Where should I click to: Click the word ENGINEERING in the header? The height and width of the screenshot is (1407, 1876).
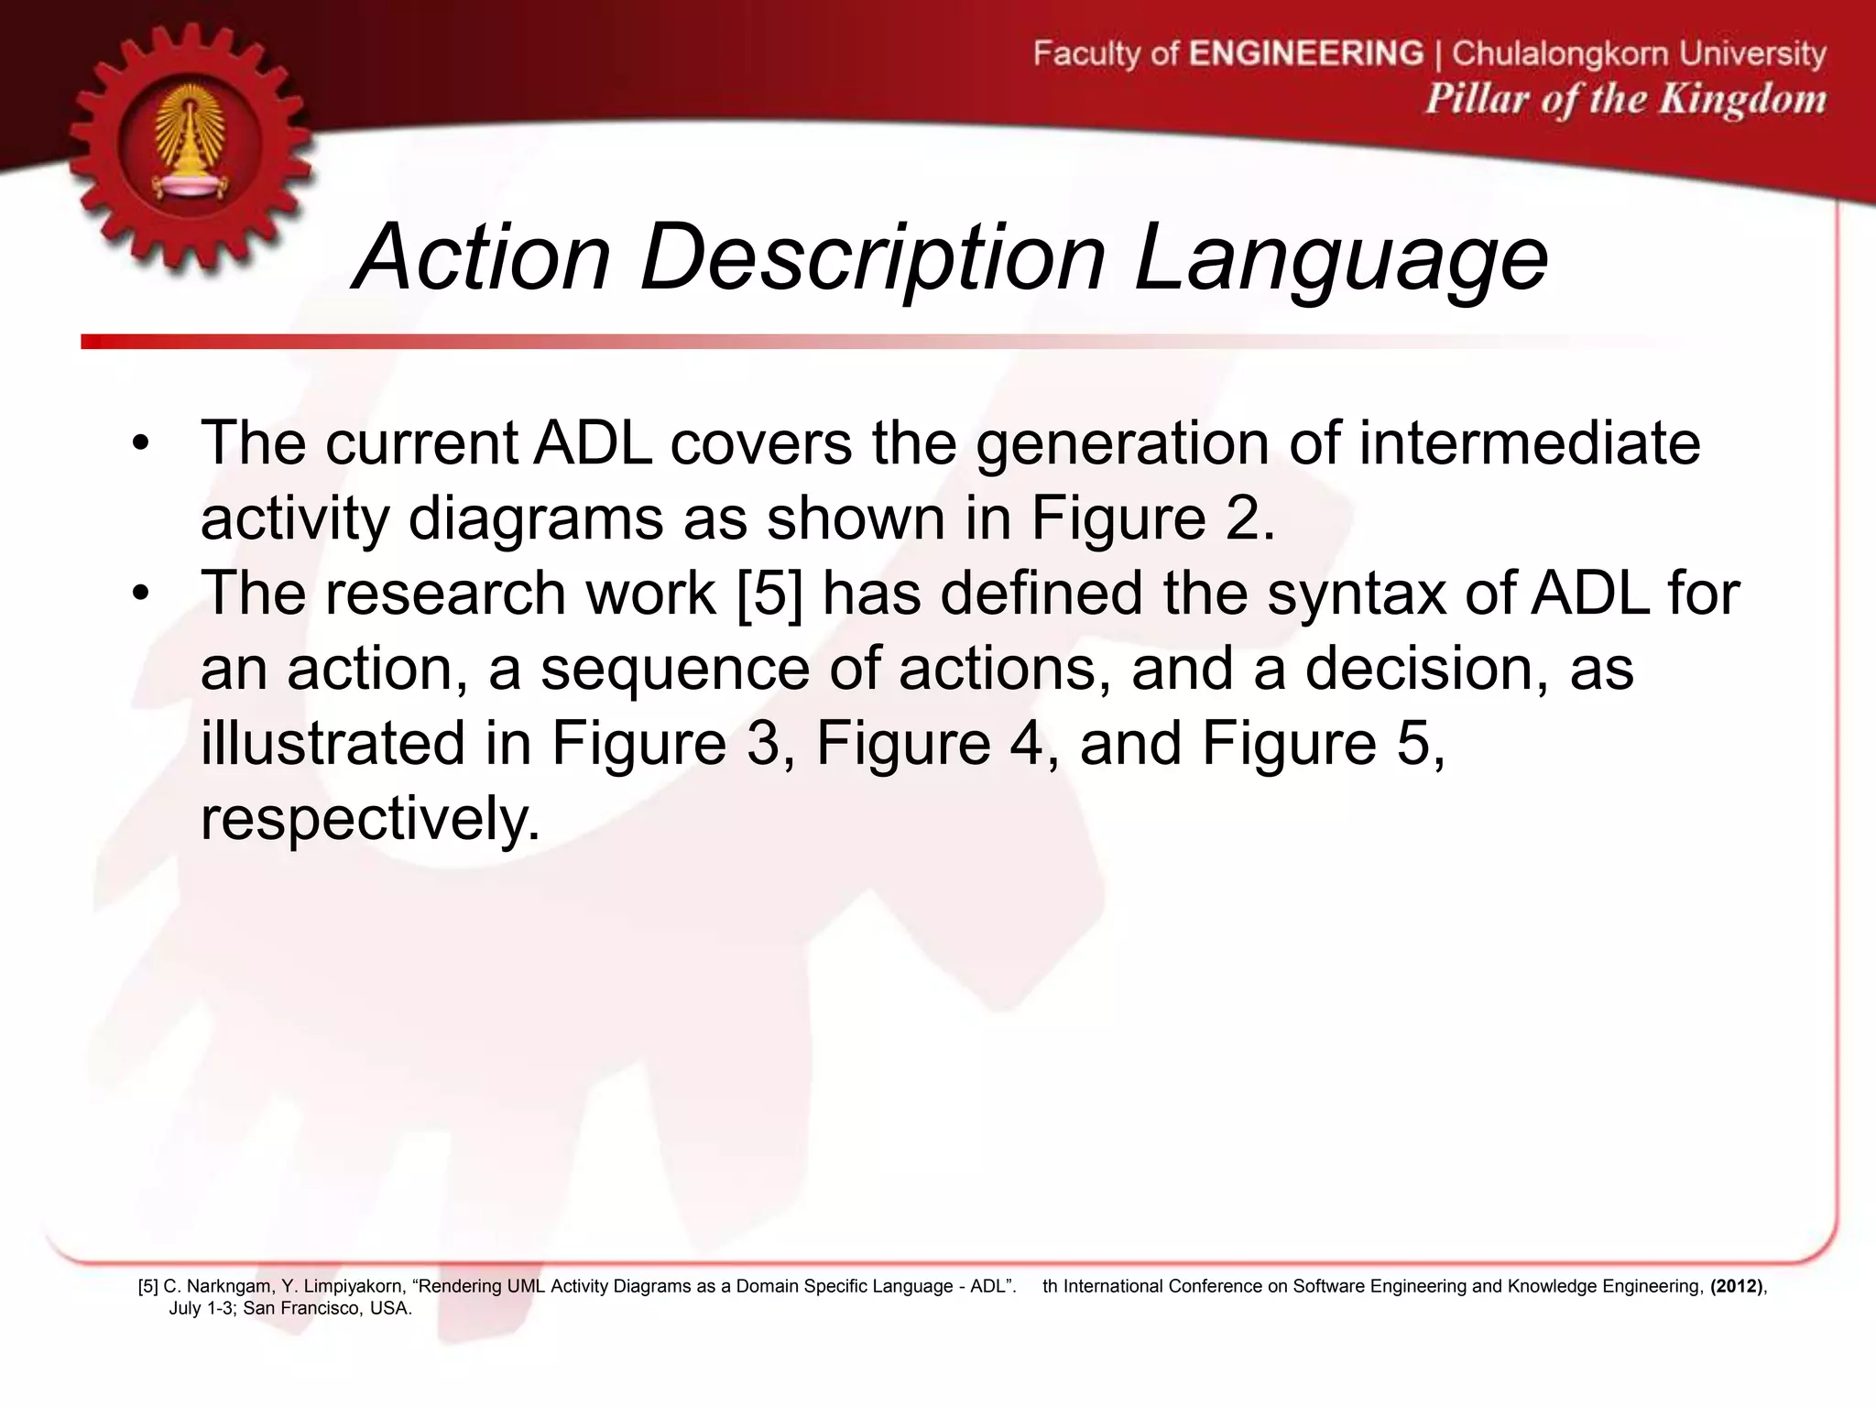pyautogui.click(x=1306, y=53)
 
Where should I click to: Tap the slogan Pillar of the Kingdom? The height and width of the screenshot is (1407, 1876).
pyautogui.click(x=1625, y=99)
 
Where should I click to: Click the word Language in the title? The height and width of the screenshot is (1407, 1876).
pyautogui.click(x=1341, y=259)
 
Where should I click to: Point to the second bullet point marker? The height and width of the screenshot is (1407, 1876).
pyautogui.click(x=139, y=594)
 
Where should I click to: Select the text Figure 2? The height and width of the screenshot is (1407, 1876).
pyautogui.click(x=1152, y=518)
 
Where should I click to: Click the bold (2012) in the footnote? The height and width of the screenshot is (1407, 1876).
pyautogui.click(x=1736, y=1286)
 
